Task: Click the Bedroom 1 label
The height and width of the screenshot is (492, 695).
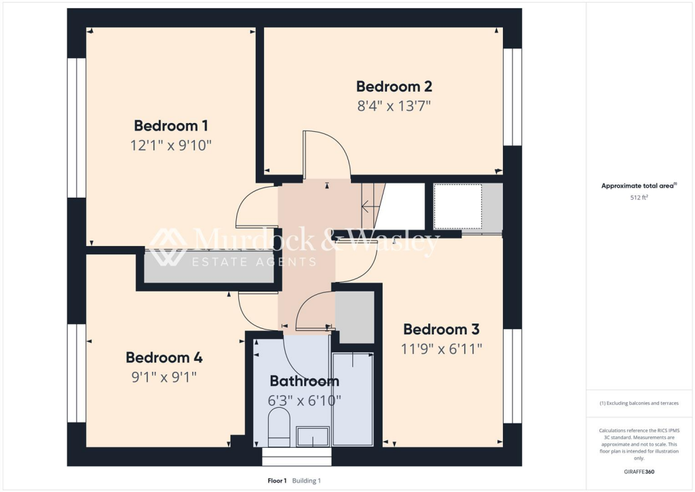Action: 170,126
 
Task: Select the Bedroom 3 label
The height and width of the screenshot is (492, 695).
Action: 441,330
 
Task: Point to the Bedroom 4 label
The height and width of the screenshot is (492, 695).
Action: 164,357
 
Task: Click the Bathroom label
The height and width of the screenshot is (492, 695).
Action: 304,381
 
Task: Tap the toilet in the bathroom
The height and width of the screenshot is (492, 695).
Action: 279,426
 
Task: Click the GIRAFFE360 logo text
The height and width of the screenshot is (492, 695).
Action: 639,472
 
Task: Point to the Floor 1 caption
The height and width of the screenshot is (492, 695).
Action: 277,481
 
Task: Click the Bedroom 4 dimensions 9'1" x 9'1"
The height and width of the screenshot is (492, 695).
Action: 164,376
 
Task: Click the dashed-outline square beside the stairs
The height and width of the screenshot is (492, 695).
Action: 458,206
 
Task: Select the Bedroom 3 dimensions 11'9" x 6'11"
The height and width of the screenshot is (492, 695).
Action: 441,349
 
